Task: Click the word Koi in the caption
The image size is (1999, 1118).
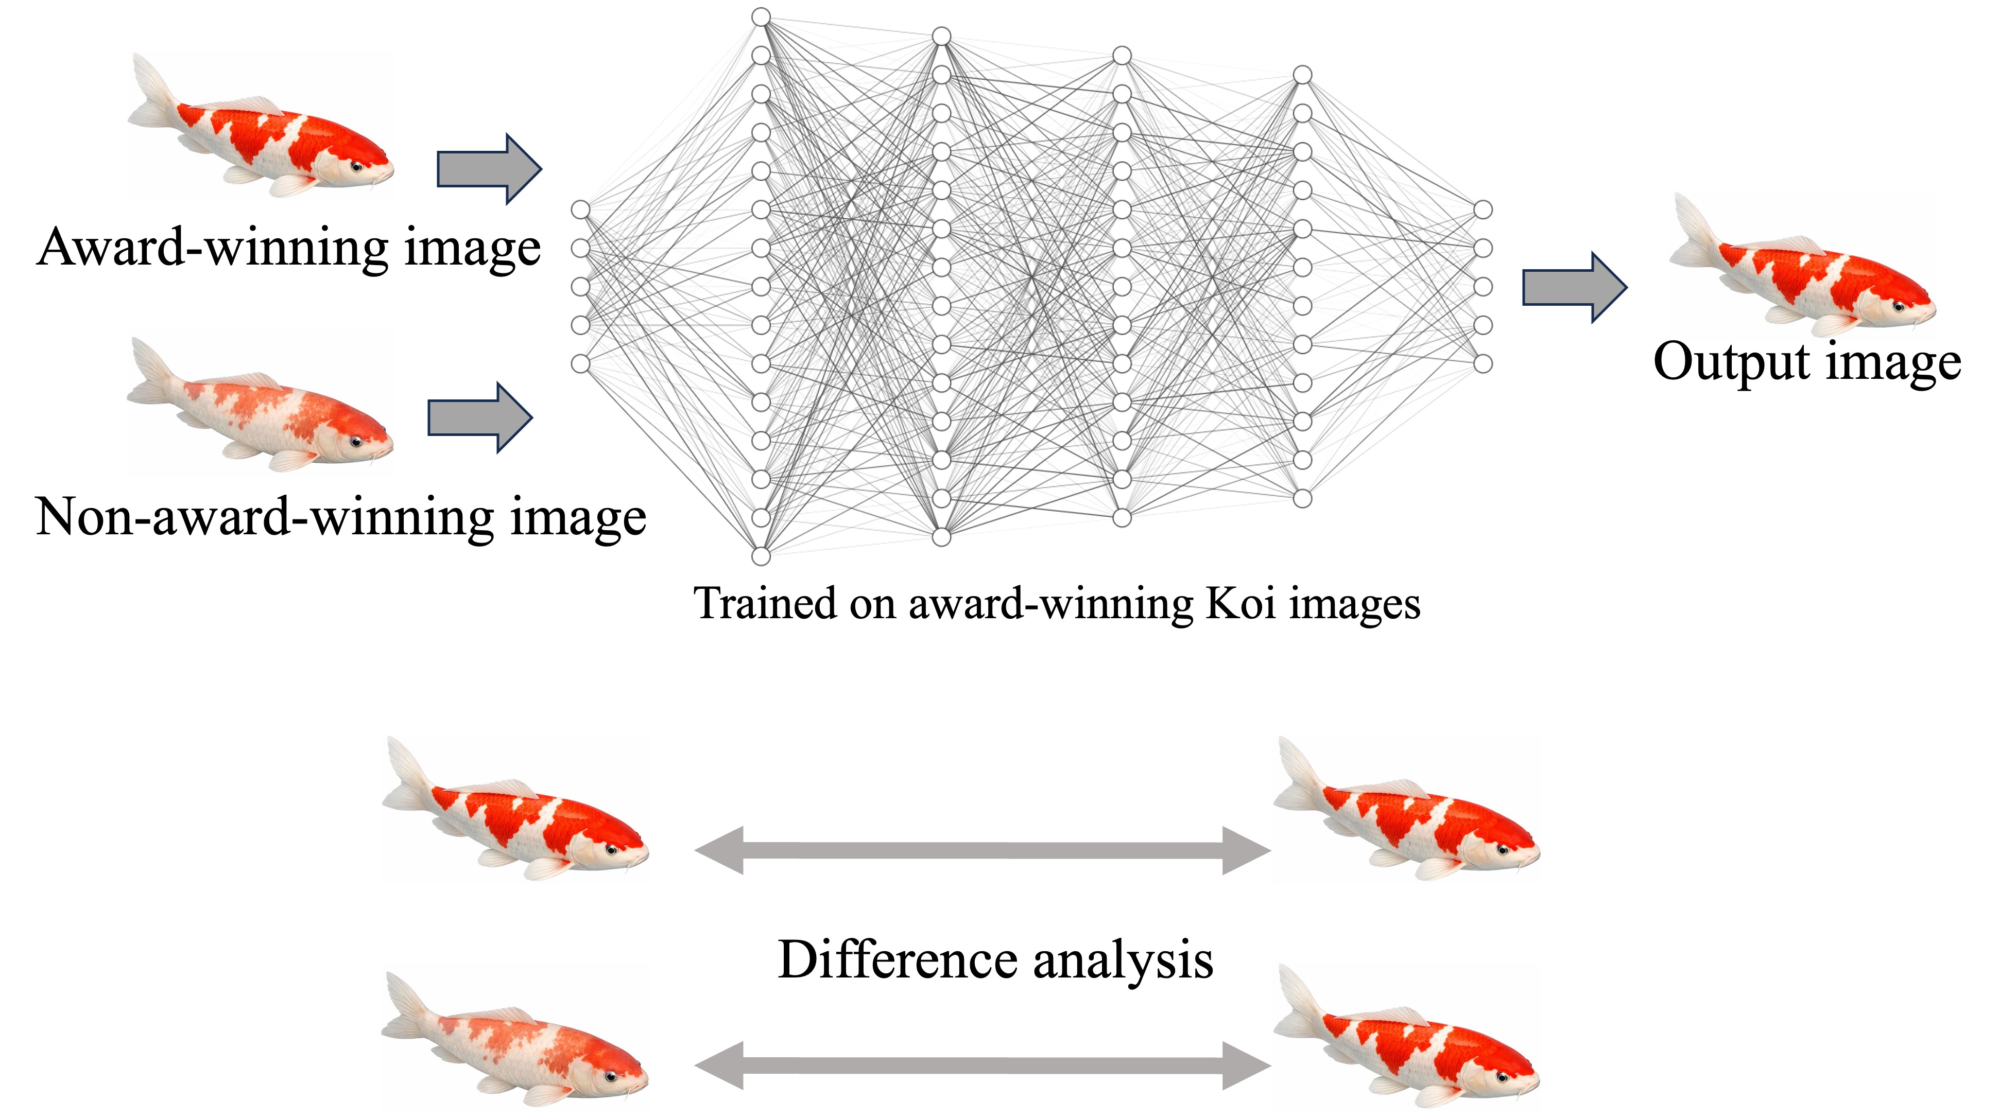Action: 1240,604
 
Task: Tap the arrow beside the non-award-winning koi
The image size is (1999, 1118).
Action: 479,417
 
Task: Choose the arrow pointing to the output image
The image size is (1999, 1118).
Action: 1574,287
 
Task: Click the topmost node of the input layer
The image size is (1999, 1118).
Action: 580,209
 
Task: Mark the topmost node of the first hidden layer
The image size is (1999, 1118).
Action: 761,17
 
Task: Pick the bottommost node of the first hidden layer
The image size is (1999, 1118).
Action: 761,555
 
